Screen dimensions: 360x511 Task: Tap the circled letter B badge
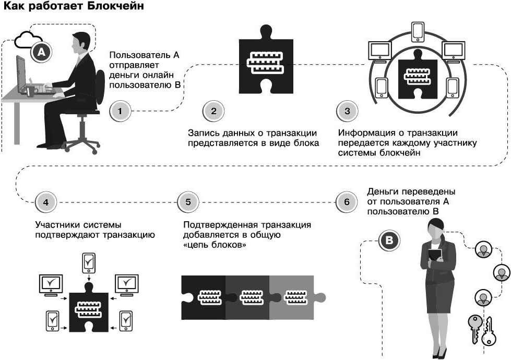click(391, 241)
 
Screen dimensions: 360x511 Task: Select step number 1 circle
click(121, 111)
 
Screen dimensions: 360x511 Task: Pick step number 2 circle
click(213, 111)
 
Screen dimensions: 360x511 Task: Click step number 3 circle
click(348, 111)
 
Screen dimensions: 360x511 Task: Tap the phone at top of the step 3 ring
click(418, 31)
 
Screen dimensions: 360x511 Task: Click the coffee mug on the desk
click(31, 91)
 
